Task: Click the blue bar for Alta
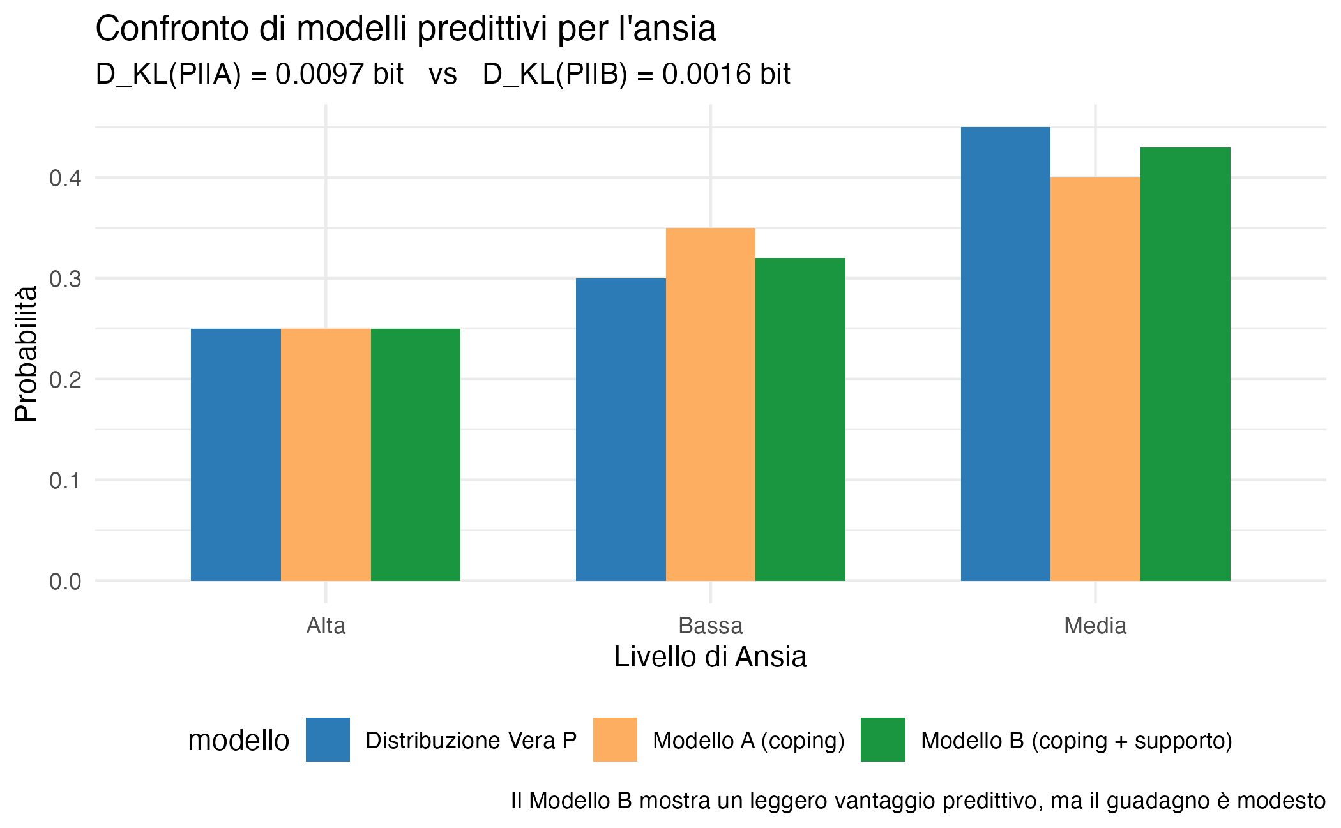(x=236, y=455)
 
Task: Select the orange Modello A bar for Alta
(x=326, y=455)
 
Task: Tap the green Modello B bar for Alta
(x=415, y=455)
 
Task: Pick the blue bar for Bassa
(x=621, y=429)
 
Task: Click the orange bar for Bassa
(x=710, y=404)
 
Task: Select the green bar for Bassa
(x=800, y=419)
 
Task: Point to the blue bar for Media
(x=1006, y=354)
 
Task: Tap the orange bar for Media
(x=1095, y=379)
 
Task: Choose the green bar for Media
(x=1185, y=364)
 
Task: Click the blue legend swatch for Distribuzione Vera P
(x=328, y=739)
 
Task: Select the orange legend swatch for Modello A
(x=615, y=739)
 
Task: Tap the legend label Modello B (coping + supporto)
(x=1076, y=741)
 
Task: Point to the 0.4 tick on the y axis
(x=65, y=178)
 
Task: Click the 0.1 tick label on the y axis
(x=65, y=481)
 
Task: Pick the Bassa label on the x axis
(x=710, y=626)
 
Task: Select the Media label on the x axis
(x=1095, y=626)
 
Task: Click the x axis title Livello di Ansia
(x=710, y=657)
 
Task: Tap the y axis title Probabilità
(x=27, y=354)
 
